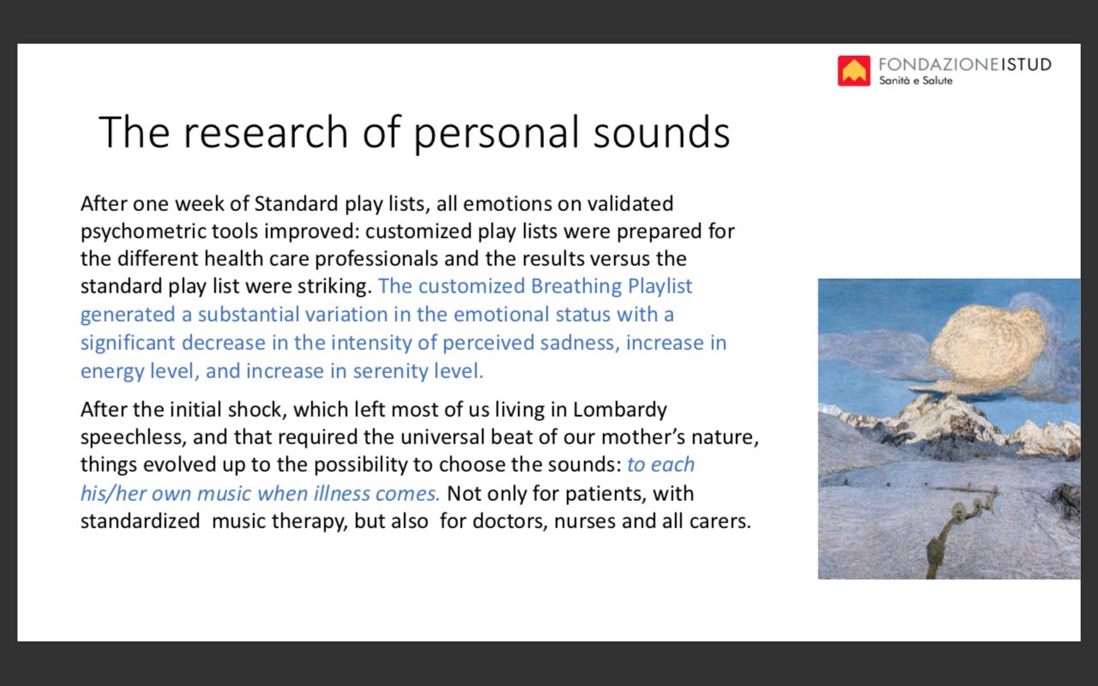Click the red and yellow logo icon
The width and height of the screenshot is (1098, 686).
(854, 70)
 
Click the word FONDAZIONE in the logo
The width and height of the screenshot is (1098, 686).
(938, 64)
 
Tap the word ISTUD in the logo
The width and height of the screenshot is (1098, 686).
(1026, 64)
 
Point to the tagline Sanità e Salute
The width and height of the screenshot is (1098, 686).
(915, 81)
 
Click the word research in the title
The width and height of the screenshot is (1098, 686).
(266, 132)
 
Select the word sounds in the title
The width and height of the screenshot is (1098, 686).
(661, 132)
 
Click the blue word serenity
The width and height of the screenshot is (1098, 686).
(385, 372)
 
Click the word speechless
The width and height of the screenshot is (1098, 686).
(133, 437)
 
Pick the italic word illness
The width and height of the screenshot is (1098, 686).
(341, 493)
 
